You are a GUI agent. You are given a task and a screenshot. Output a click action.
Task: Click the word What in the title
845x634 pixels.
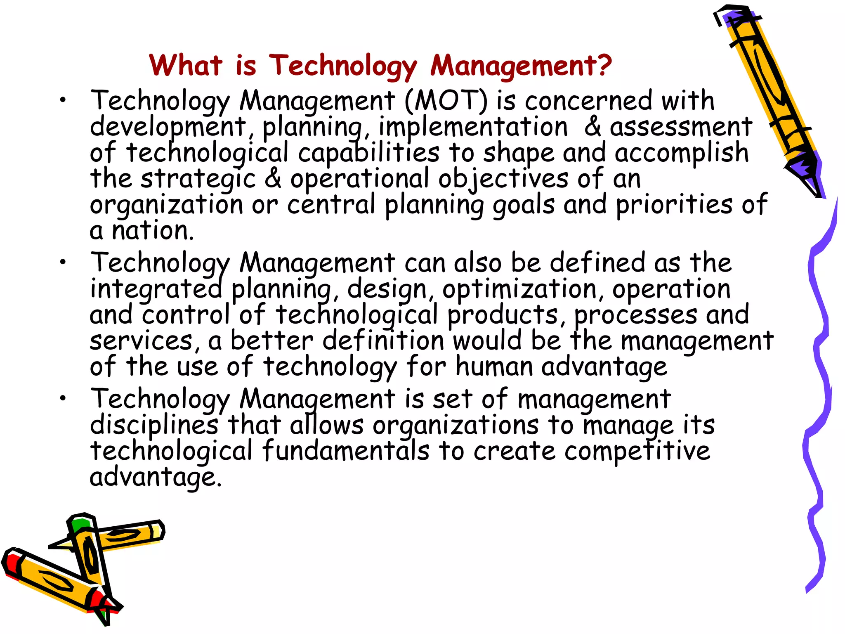[186, 65]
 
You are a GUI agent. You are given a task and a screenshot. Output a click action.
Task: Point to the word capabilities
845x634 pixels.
[368, 153]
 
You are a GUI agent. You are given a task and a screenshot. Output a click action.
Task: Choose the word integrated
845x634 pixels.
[156, 289]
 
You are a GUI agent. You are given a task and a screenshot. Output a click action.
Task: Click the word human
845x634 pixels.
[494, 366]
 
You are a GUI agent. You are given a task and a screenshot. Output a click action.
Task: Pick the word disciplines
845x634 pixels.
[154, 425]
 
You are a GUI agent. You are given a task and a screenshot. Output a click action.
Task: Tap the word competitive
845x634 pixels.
[637, 451]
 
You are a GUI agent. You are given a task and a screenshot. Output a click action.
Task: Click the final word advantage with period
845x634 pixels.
[156, 477]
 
